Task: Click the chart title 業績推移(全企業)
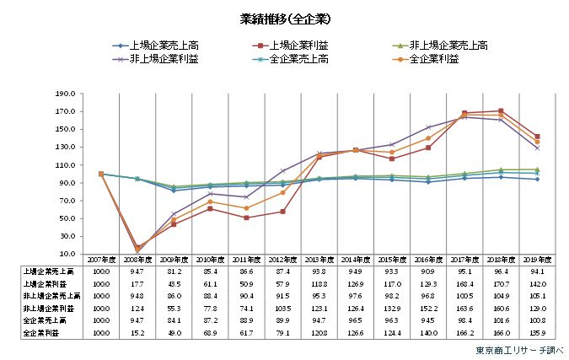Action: click(x=283, y=17)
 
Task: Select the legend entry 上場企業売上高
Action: click(x=166, y=46)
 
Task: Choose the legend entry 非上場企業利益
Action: click(x=166, y=59)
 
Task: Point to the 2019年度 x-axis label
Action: click(x=537, y=261)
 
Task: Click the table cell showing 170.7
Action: click(x=501, y=284)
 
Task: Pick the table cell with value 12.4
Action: click(x=137, y=309)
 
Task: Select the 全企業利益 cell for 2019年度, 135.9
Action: click(x=537, y=334)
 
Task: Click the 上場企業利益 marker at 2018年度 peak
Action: click(x=501, y=110)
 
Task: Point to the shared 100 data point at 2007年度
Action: click(x=101, y=174)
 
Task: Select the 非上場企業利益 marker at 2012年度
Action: click(x=282, y=170)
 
